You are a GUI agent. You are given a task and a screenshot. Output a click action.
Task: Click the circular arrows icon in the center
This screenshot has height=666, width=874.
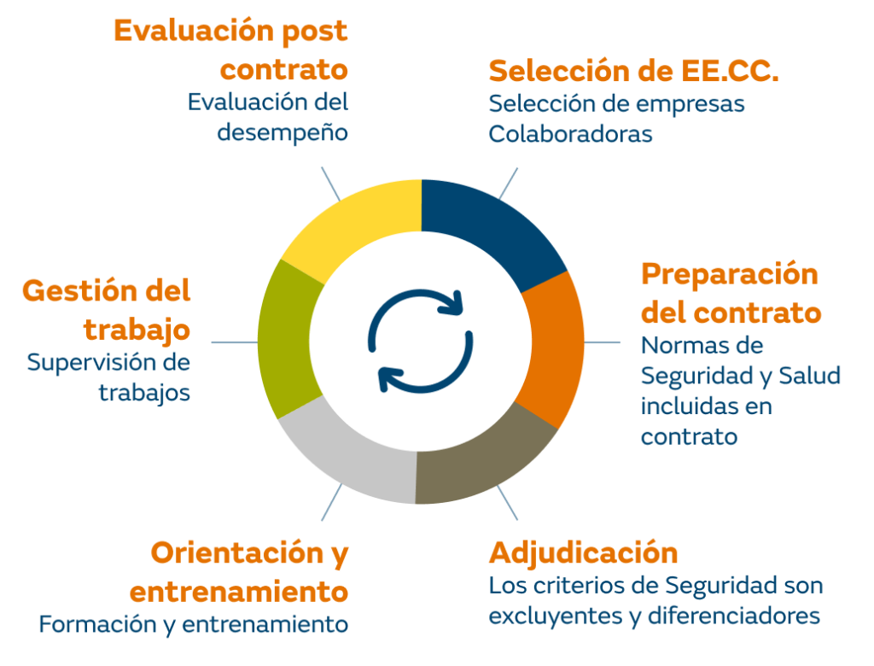coord(421,341)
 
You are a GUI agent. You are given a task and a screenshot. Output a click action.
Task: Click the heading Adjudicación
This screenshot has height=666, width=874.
coord(583,554)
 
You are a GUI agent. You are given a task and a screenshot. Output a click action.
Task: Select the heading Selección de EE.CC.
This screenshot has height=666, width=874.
coord(634,72)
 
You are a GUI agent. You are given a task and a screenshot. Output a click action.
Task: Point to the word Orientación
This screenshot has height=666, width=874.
coord(237,552)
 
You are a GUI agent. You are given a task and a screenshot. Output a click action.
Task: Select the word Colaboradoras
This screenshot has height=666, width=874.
coord(570,134)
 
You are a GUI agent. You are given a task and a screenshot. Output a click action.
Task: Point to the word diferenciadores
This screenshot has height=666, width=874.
coord(733,616)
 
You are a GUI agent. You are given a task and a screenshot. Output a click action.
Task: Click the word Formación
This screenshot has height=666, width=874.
coord(97,624)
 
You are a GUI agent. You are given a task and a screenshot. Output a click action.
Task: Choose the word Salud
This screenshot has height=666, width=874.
coord(809,376)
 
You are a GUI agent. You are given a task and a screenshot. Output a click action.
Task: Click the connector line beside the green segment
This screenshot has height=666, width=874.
coord(235,342)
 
